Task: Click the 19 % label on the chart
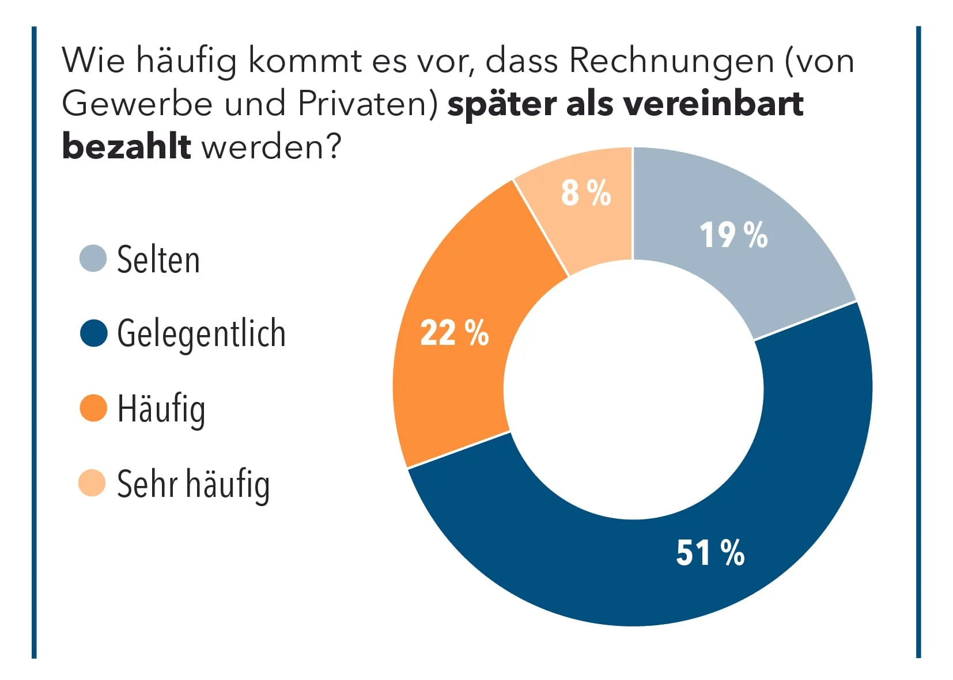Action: point(733,235)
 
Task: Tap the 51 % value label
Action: point(710,553)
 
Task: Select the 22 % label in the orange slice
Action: point(454,333)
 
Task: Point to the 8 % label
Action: point(585,192)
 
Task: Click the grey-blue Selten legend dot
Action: point(93,259)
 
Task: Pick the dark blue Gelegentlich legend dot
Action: point(93,333)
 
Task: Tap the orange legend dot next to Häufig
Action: point(93,408)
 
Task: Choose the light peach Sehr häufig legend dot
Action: point(92,483)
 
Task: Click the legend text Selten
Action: point(158,260)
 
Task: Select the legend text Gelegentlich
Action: point(201,334)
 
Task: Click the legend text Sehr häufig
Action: point(193,484)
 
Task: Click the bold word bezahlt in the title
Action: point(126,146)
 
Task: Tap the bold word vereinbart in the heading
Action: point(713,104)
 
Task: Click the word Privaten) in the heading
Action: point(369,104)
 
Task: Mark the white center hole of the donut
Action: point(633,389)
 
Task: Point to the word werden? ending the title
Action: point(271,147)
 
